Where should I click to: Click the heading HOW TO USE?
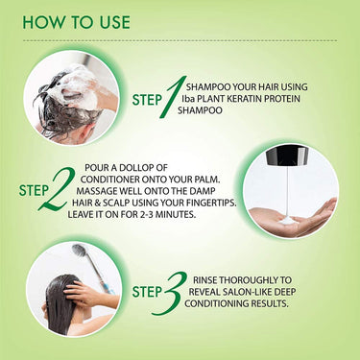point(76,22)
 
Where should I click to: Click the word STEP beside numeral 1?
point(147,100)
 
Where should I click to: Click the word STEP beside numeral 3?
point(147,292)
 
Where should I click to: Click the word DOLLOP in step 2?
point(140,168)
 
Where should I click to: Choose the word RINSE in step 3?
point(204,280)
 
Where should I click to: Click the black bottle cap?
point(287,156)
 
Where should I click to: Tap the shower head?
point(80,251)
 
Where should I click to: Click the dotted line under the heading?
point(180,41)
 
